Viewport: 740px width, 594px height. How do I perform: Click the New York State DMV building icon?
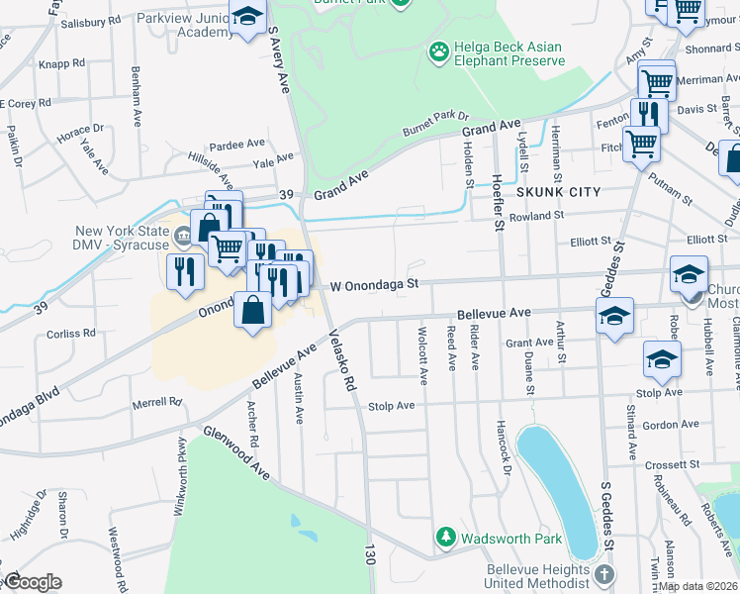[183, 237]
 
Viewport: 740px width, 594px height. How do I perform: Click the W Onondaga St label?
[375, 285]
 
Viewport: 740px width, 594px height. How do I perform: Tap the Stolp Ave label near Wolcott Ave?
[391, 406]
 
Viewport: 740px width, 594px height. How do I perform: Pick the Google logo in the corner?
[33, 582]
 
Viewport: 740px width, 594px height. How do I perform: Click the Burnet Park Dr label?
[433, 123]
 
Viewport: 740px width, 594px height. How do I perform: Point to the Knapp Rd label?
[62, 63]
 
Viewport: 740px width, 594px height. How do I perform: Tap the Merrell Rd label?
[158, 403]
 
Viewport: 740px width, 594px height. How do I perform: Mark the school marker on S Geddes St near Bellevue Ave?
[614, 317]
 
